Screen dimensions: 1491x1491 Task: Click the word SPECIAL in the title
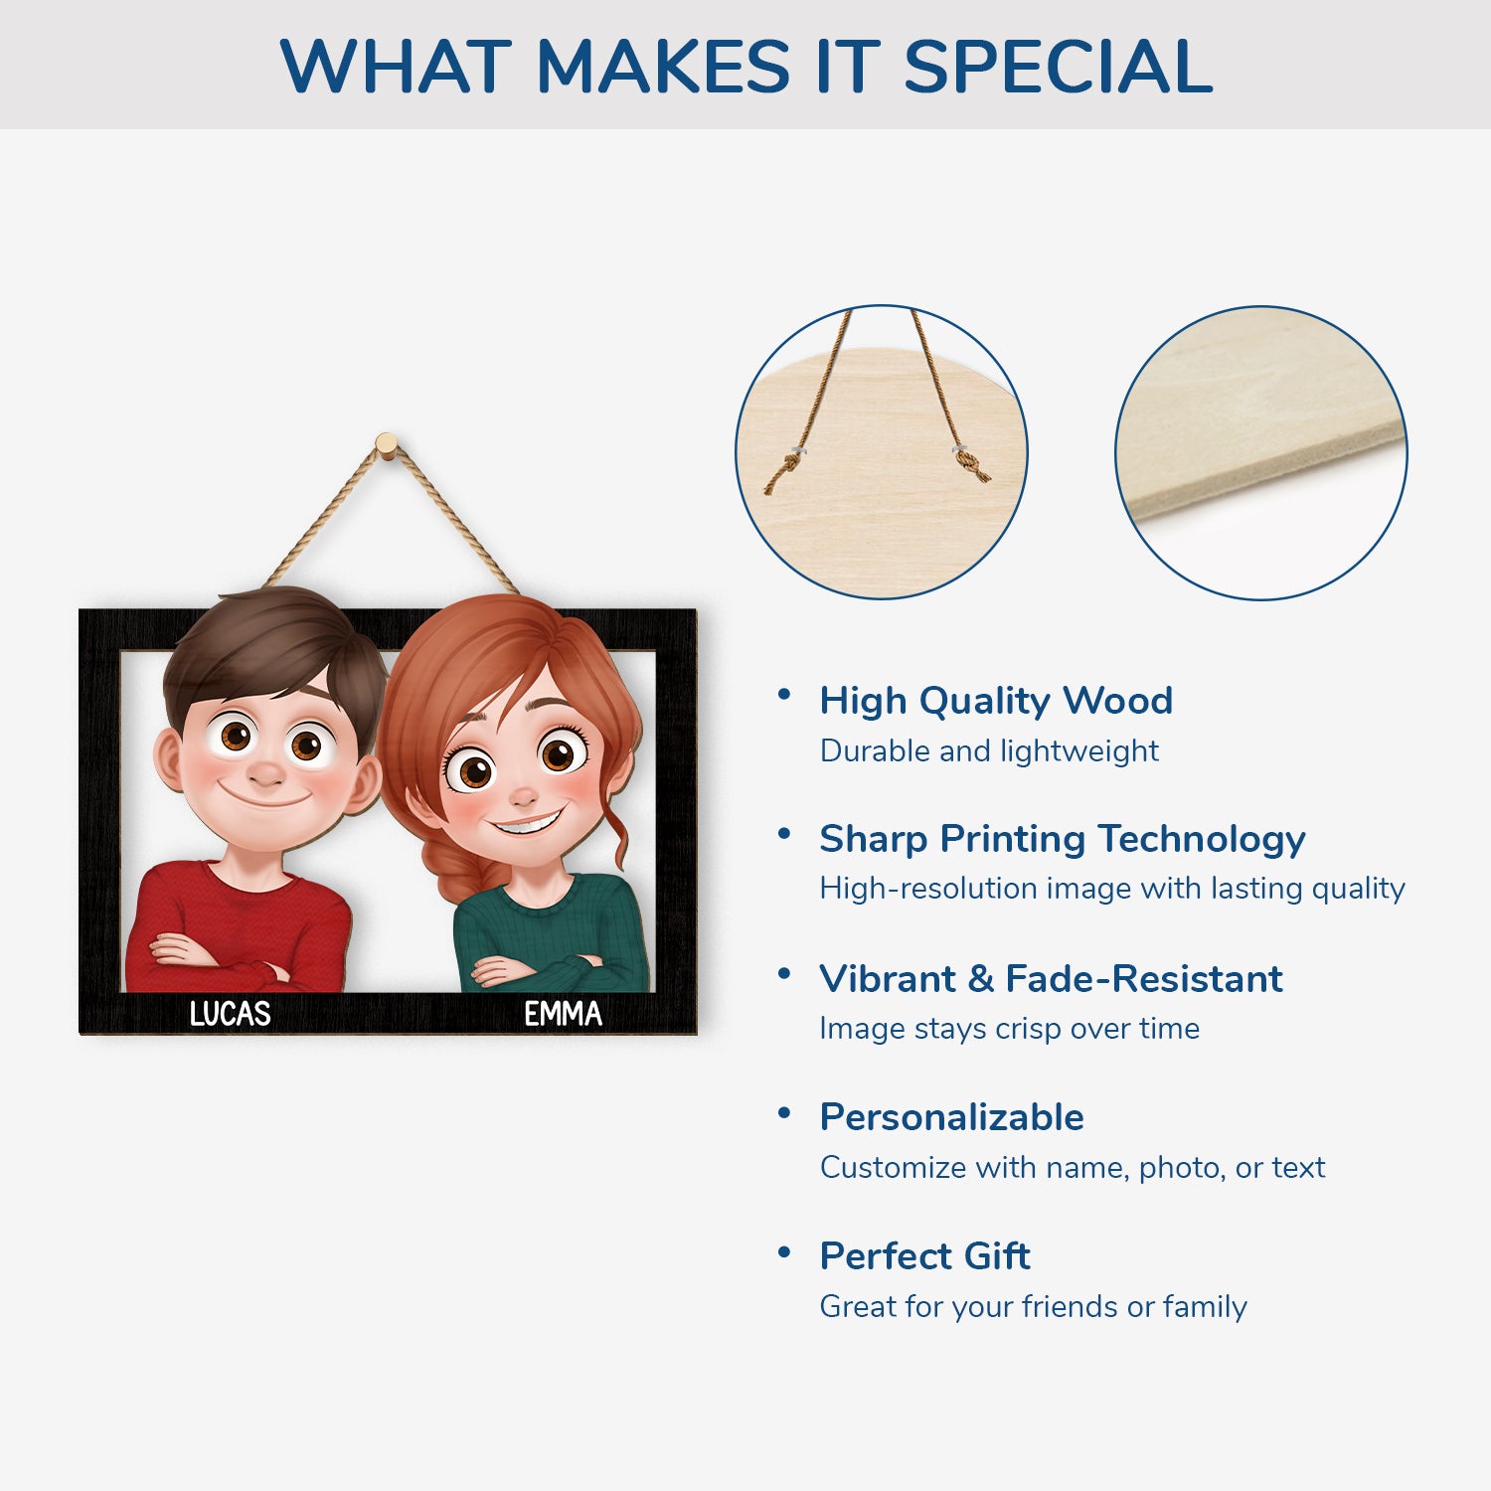tap(1058, 66)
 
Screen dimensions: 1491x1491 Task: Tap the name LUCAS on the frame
tap(231, 1013)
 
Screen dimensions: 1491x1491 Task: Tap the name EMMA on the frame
tap(564, 1013)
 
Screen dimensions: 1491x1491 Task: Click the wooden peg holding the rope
tap(387, 444)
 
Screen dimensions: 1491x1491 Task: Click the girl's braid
tap(454, 865)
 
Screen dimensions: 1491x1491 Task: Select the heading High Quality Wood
tap(996, 701)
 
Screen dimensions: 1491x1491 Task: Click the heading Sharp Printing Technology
tap(1062, 839)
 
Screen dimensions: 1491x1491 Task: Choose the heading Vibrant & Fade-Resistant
tap(1051, 979)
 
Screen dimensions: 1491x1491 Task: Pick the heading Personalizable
tap(951, 1117)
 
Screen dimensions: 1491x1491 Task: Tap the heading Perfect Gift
tap(924, 1256)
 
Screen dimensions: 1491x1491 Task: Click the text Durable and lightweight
tap(989, 750)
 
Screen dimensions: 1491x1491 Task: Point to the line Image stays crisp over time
tap(1009, 1029)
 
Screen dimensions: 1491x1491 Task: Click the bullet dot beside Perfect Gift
tap(784, 1251)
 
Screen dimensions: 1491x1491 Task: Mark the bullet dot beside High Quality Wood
tap(784, 695)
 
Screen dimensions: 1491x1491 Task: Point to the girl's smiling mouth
tap(527, 823)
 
